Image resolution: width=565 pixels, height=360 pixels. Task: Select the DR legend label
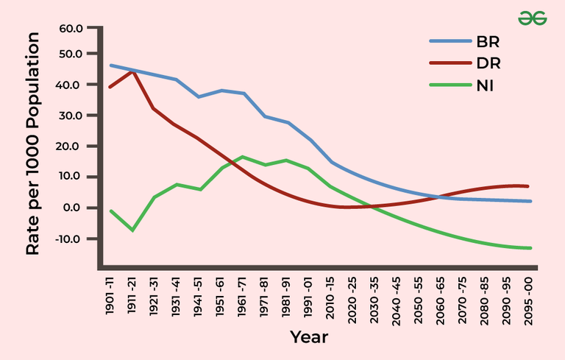pos(488,63)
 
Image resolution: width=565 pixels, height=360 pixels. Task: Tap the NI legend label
pos(484,85)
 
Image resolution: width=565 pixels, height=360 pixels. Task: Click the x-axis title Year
pos(309,337)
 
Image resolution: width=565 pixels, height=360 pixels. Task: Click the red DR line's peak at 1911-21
pos(132,71)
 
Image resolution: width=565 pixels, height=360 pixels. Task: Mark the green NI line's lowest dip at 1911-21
pos(132,230)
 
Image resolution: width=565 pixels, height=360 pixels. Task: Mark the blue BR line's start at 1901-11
pos(110,66)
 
